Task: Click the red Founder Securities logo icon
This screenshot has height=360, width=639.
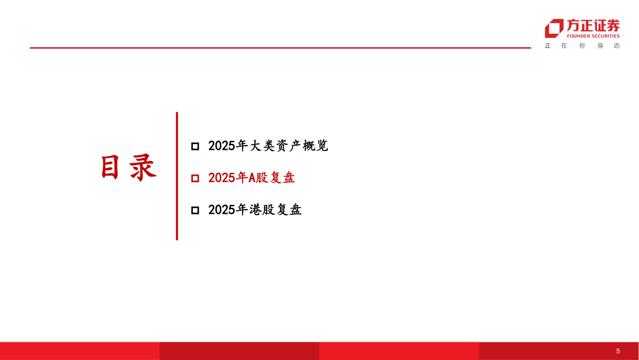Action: tap(554, 28)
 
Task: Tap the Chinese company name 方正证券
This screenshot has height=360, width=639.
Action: tap(593, 25)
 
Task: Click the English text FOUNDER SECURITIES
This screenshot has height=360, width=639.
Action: tap(593, 36)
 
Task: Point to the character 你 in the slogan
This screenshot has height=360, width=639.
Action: tap(582, 46)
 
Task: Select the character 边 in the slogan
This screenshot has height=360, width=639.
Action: tap(617, 46)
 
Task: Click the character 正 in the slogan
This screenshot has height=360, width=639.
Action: tap(548, 46)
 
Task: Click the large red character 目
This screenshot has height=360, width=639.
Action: tap(111, 168)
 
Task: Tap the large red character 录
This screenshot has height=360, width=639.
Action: tap(143, 168)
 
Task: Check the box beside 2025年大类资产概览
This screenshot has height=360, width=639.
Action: tap(195, 146)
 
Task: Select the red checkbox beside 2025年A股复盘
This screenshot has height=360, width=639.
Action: tap(195, 178)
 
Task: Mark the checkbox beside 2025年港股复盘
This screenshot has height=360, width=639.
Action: tap(195, 210)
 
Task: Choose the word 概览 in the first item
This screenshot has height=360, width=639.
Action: tap(315, 146)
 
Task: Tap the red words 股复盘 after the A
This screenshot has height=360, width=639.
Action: tap(275, 178)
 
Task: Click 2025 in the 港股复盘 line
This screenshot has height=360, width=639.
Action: tap(222, 210)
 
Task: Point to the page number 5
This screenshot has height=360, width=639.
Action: tap(618, 351)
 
